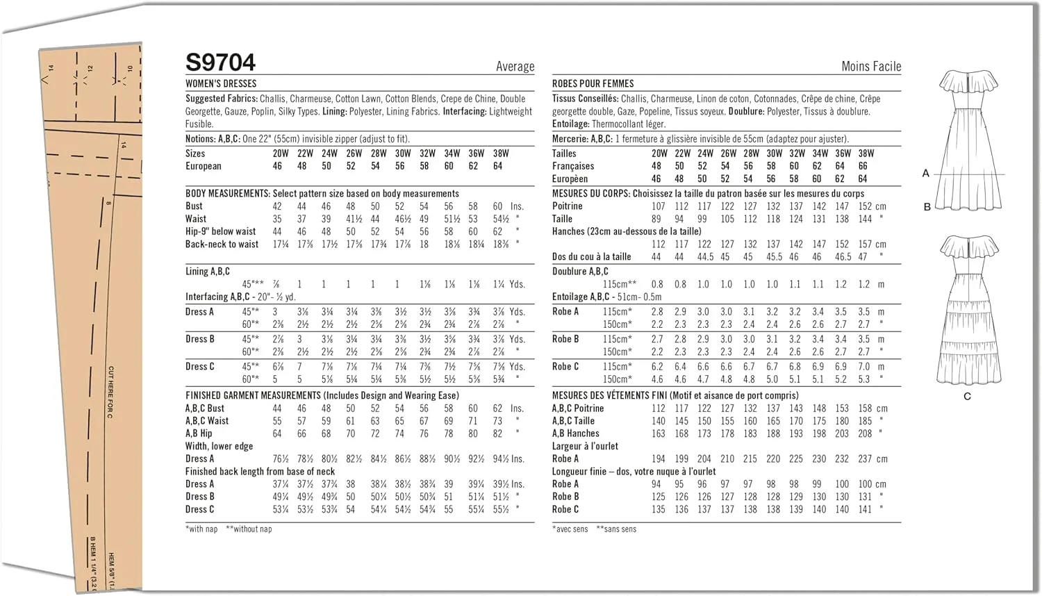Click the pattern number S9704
click(x=220, y=63)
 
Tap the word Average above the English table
click(x=515, y=67)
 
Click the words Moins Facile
click(x=870, y=67)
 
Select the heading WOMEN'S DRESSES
click(x=221, y=83)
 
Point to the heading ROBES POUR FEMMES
click(x=593, y=83)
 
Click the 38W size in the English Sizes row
click(x=500, y=154)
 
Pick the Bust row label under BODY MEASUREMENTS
click(x=194, y=206)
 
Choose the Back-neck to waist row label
click(x=222, y=245)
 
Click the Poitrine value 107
click(x=658, y=206)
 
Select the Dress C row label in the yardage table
click(x=199, y=367)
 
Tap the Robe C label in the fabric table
click(x=565, y=367)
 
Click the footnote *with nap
click(x=201, y=529)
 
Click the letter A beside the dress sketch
click(x=925, y=173)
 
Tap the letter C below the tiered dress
click(x=967, y=396)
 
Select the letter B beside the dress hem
click(x=927, y=206)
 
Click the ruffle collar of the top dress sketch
click(x=968, y=81)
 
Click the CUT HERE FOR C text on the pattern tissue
click(x=110, y=392)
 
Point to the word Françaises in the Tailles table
click(x=573, y=166)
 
